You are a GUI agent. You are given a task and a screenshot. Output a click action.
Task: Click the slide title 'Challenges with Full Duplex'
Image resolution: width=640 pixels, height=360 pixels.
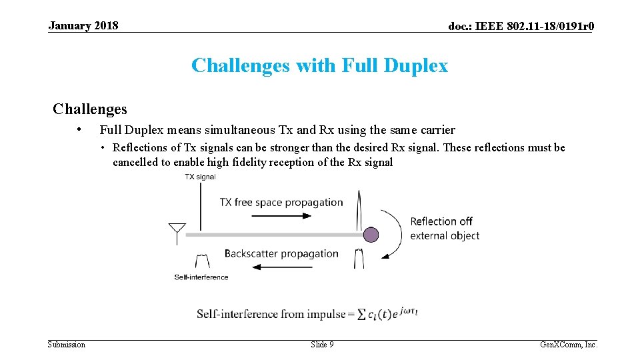click(x=319, y=65)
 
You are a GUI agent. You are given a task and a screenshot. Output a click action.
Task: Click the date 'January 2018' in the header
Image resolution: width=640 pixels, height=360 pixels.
click(x=83, y=25)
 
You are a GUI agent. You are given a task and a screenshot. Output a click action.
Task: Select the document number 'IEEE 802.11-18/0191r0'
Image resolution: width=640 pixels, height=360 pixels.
click(x=533, y=26)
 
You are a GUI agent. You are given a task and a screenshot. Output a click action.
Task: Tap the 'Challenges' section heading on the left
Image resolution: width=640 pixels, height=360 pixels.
click(x=90, y=109)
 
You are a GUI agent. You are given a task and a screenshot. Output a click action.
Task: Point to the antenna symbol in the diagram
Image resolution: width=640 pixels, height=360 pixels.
click(x=177, y=234)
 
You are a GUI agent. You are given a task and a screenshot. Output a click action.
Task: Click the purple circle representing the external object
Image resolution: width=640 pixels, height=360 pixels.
click(x=371, y=235)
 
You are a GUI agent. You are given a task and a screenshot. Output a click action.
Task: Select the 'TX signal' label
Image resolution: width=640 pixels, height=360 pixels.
click(x=200, y=177)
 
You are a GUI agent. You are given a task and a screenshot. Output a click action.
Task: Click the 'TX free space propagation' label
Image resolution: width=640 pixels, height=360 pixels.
click(x=281, y=202)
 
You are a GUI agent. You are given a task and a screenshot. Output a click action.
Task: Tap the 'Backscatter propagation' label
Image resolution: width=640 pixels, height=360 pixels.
click(x=281, y=253)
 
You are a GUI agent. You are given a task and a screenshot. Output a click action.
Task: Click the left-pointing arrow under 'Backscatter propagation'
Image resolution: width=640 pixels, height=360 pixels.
click(x=283, y=267)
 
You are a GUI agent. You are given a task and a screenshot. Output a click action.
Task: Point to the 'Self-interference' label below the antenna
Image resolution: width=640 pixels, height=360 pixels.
click(x=201, y=277)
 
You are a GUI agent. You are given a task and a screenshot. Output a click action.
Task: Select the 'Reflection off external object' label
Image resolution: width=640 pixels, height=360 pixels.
click(x=444, y=228)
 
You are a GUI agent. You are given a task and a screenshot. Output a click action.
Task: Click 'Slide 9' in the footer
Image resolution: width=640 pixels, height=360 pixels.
click(x=322, y=345)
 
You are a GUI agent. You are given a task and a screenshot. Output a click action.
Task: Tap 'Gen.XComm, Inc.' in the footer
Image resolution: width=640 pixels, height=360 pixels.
click(x=568, y=345)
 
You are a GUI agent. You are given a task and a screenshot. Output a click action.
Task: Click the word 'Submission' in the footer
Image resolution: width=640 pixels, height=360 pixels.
click(x=67, y=345)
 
